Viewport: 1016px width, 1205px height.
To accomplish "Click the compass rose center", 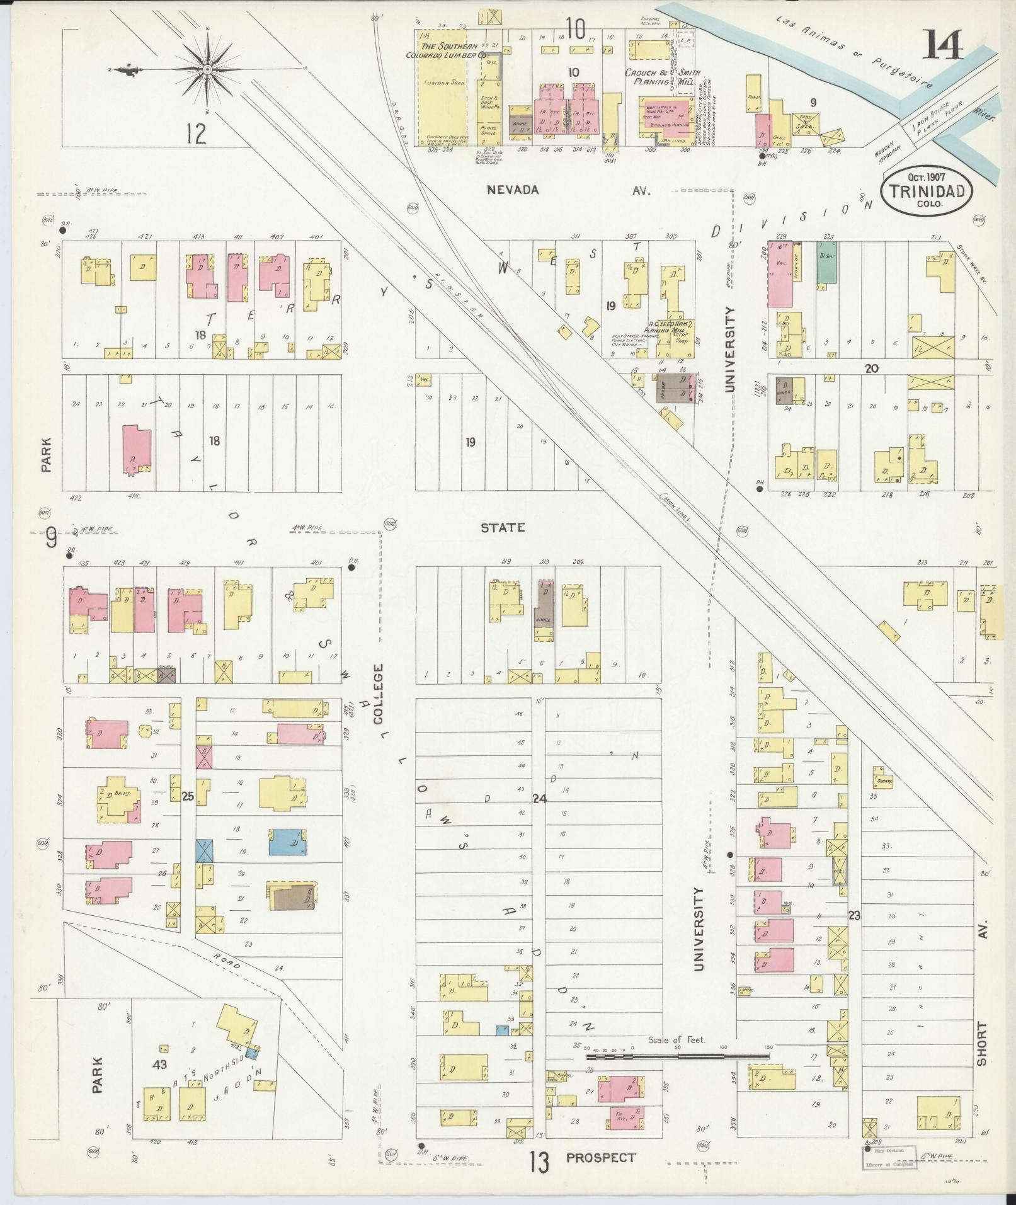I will pyautogui.click(x=207, y=71).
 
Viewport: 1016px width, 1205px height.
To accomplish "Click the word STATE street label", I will pyautogui.click(x=502, y=528).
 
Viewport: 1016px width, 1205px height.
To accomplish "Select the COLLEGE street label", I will pyautogui.click(x=379, y=694).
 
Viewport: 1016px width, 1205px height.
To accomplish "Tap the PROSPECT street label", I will pyautogui.click(x=600, y=1158).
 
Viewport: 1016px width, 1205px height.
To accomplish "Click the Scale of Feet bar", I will pyautogui.click(x=677, y=1053).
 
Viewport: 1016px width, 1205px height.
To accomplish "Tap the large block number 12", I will pyautogui.click(x=197, y=134).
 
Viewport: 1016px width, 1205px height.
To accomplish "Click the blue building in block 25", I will pyautogui.click(x=288, y=842).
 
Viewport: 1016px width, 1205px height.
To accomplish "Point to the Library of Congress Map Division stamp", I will pyautogui.click(x=889, y=1157).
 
